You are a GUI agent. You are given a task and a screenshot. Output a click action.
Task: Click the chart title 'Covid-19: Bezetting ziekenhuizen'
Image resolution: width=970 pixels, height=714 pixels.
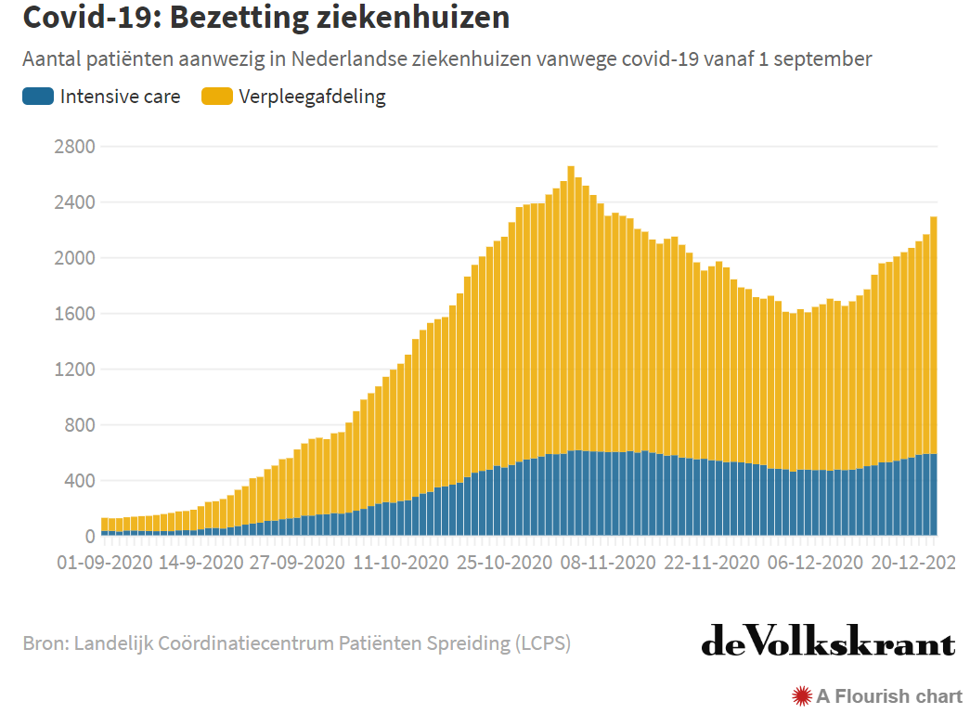coord(265,18)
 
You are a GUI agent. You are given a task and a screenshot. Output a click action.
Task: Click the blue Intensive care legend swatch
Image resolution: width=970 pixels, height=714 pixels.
coord(38,96)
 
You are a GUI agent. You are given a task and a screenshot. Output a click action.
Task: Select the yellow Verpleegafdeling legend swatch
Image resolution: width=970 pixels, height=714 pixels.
coord(217,96)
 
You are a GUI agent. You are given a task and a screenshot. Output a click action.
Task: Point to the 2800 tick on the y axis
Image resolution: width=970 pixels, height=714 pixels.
coord(73,147)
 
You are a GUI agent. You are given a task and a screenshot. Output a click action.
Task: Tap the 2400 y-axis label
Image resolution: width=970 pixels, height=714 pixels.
coord(73,202)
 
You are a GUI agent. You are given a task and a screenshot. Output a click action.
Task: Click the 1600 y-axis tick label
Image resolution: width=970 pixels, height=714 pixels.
coord(73,314)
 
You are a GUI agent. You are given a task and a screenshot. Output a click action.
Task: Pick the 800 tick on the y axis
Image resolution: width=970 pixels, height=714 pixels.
coord(78,425)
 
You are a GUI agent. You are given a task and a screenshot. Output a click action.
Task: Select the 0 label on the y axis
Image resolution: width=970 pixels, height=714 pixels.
coord(89,537)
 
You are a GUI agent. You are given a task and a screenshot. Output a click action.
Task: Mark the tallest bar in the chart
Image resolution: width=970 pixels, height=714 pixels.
coord(571,353)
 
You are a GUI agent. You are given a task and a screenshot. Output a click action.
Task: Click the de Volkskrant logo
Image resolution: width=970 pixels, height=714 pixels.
coord(828,642)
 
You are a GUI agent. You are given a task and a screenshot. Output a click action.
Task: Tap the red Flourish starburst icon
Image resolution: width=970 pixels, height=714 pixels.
coord(802,695)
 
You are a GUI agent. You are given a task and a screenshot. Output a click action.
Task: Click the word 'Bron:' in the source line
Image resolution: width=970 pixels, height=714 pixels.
coord(45,643)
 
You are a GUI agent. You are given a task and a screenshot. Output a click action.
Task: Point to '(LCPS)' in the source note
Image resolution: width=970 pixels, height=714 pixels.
coord(543,643)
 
